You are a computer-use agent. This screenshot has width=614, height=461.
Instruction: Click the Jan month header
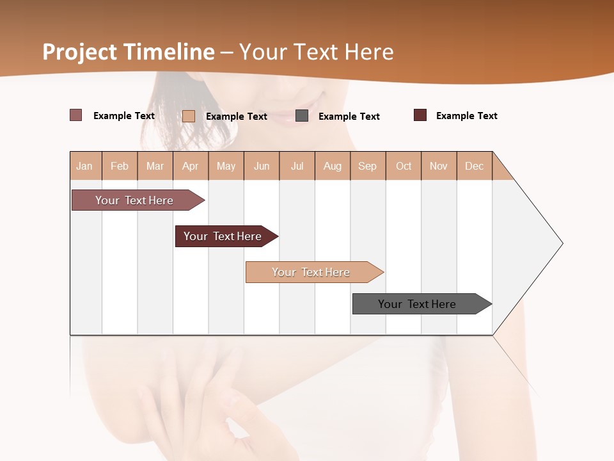tap(84, 166)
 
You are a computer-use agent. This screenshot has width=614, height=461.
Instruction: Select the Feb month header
tap(120, 166)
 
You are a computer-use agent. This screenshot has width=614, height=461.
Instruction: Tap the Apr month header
tap(190, 166)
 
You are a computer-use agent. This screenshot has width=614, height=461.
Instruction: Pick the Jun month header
tap(262, 166)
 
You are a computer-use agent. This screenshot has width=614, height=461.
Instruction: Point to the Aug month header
tap(332, 166)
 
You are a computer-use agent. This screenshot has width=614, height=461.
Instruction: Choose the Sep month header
tap(367, 166)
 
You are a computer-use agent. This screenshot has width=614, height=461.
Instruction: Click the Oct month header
tap(404, 166)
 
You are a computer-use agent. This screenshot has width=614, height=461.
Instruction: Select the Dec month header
tap(474, 166)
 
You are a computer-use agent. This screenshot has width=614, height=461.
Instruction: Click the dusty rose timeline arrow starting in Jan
tap(134, 200)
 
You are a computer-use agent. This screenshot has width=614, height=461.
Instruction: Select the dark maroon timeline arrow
tap(223, 236)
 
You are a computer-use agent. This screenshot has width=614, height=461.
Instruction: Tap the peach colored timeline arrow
tap(311, 272)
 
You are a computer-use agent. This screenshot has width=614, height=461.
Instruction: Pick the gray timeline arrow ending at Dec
tap(417, 304)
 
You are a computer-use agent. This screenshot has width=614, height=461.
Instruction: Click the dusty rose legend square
tap(75, 115)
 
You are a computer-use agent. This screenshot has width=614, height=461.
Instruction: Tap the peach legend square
tap(189, 116)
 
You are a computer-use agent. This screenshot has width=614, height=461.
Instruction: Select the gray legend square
tap(302, 116)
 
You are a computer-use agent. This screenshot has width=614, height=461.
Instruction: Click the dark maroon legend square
tap(420, 115)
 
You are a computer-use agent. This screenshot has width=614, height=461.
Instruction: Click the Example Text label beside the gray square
tap(349, 117)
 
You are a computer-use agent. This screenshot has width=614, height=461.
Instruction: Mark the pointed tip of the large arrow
tap(562, 243)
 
